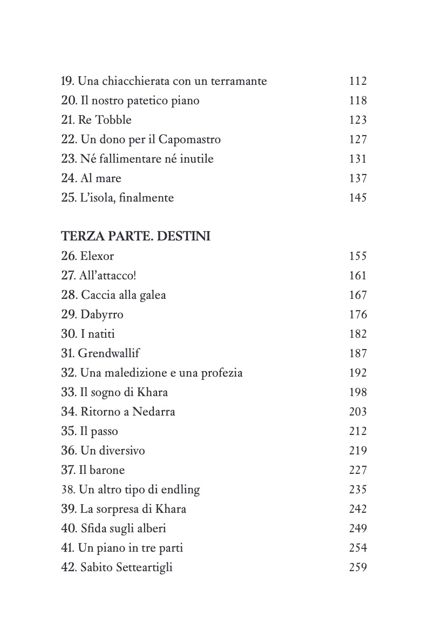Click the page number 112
click(358, 81)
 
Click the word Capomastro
click(191, 139)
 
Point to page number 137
click(358, 178)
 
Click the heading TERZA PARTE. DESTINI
click(135, 237)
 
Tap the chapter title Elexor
click(97, 256)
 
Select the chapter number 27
click(67, 276)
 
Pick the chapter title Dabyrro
click(101, 314)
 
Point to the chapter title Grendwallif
click(109, 353)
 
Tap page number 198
click(358, 392)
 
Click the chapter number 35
click(67, 431)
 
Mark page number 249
click(358, 528)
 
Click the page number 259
click(358, 567)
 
